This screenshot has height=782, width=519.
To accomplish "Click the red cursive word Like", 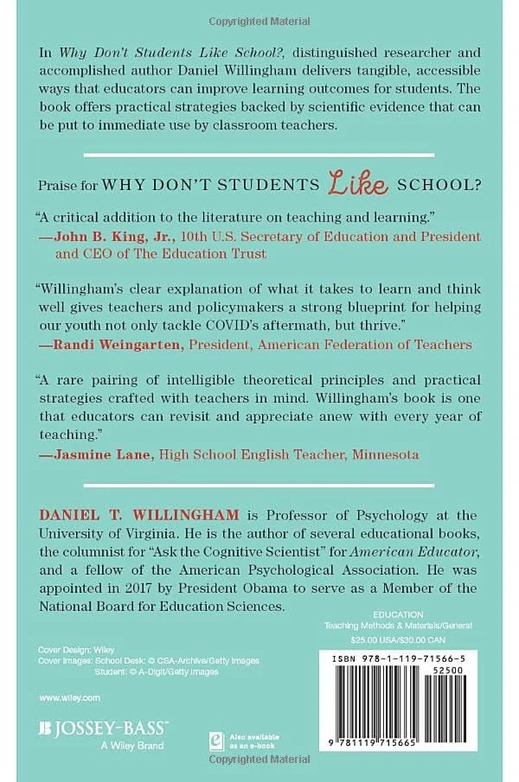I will coord(354,181).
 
